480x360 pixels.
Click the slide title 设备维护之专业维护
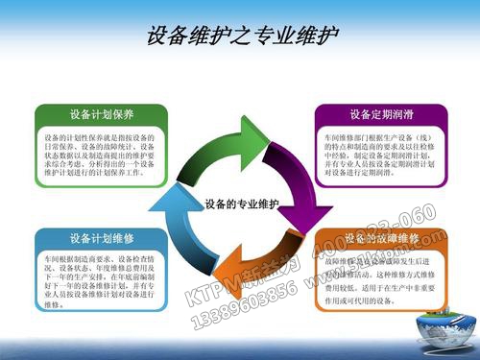coord(242,36)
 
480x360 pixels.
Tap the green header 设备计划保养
coord(101,115)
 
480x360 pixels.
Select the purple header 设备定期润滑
coord(381,114)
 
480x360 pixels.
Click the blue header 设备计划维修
coord(101,237)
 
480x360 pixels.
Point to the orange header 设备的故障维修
coord(381,237)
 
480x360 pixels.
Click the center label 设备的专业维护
coord(241,204)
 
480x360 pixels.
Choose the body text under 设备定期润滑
coord(381,156)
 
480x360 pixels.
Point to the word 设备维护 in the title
coord(182,36)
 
